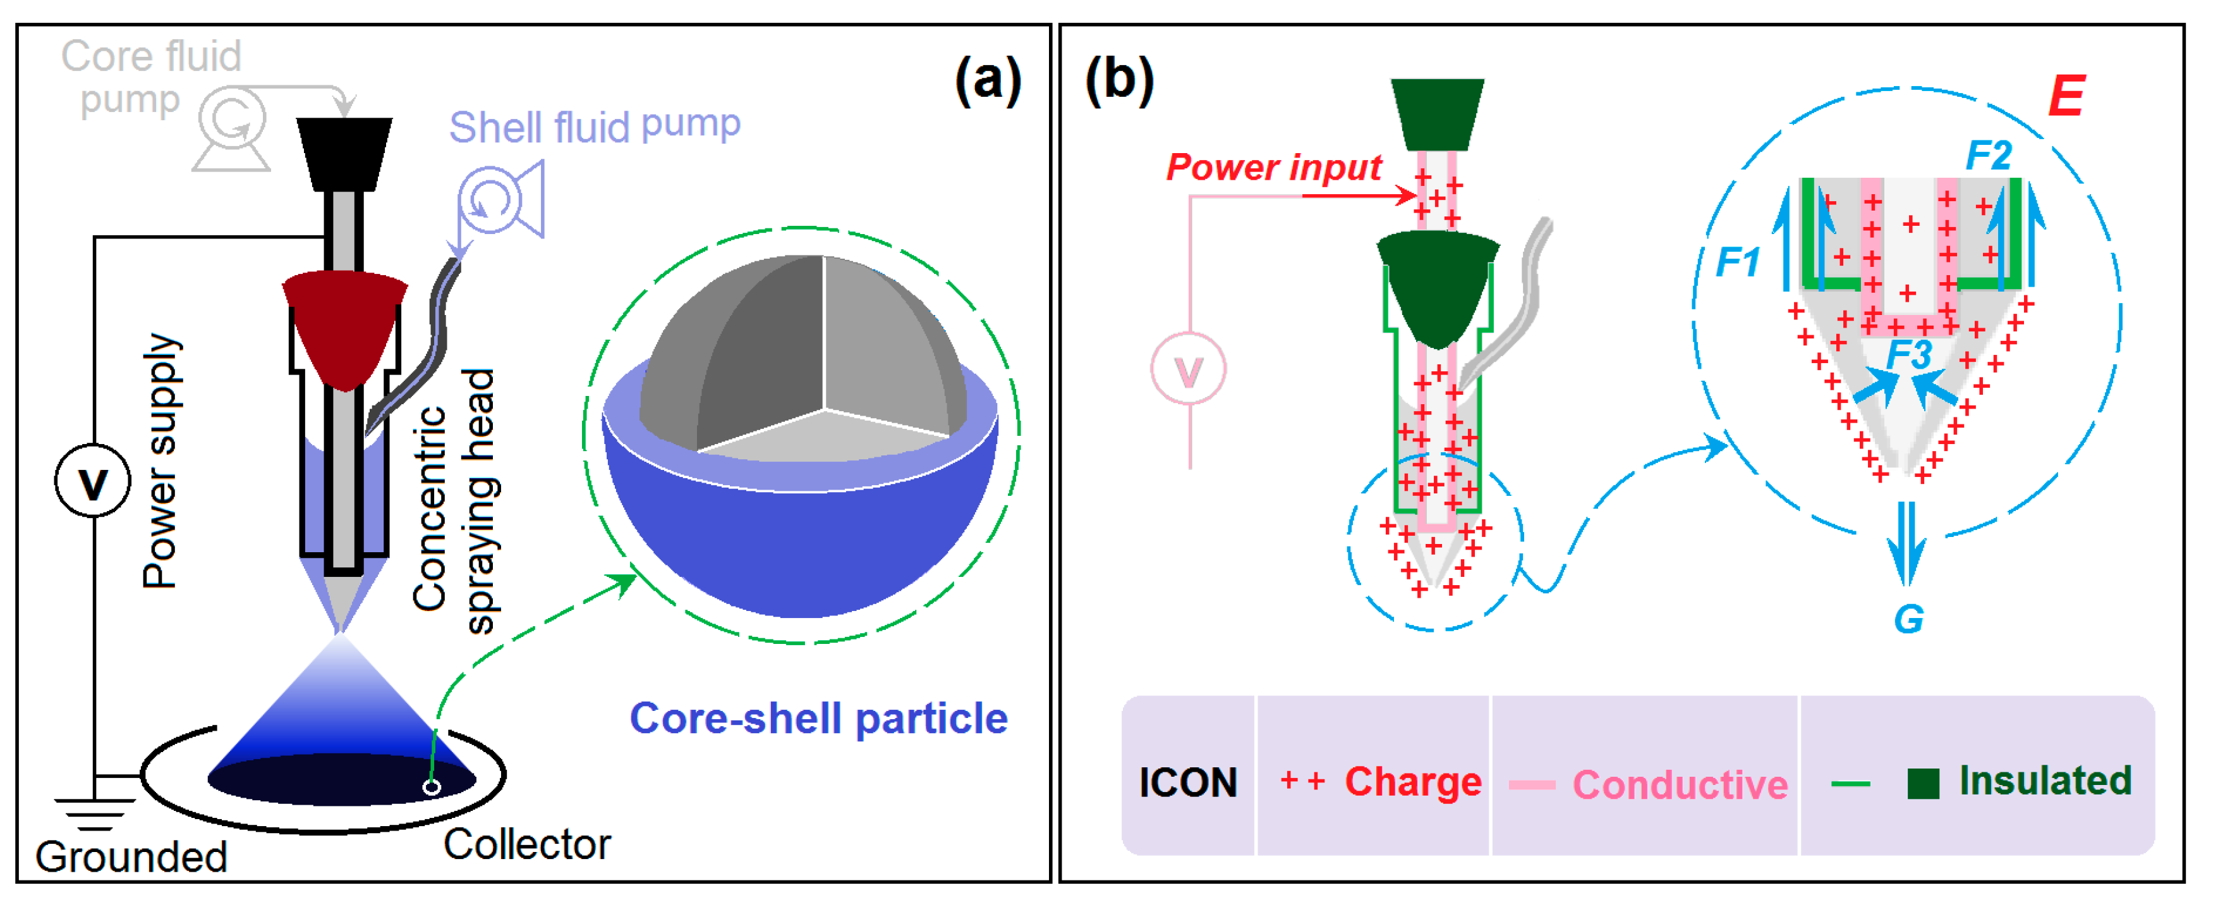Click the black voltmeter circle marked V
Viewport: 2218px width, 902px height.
pyautogui.click(x=93, y=481)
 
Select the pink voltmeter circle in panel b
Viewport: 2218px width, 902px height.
pyautogui.click(x=1188, y=369)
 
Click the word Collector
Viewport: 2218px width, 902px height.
pyautogui.click(x=526, y=844)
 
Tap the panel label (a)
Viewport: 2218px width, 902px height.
pyautogui.click(x=988, y=81)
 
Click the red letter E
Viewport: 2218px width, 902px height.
pyautogui.click(x=2066, y=97)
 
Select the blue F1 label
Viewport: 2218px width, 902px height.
pyautogui.click(x=1738, y=262)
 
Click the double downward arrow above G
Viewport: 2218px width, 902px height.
pyautogui.click(x=1906, y=552)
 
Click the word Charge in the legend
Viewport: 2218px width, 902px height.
pyautogui.click(x=1412, y=782)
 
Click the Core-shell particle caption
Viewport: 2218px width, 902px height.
pyautogui.click(x=818, y=719)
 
